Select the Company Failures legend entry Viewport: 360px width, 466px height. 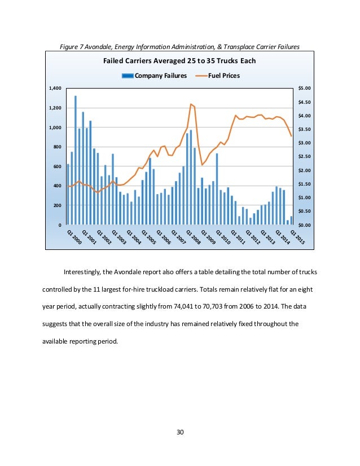click(x=159, y=75)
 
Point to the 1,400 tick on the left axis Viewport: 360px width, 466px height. click(x=55, y=89)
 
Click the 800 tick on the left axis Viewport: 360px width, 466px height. click(x=57, y=147)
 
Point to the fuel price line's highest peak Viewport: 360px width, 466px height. click(x=191, y=104)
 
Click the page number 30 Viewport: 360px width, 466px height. click(x=180, y=432)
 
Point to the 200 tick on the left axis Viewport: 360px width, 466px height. click(x=57, y=206)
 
